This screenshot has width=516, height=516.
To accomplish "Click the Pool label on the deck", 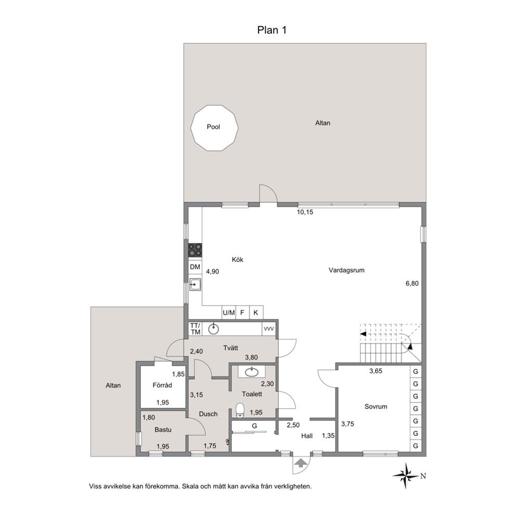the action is point(213,127).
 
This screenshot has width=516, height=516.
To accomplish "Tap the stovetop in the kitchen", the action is point(195,250).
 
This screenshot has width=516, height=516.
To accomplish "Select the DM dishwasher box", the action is point(195,267).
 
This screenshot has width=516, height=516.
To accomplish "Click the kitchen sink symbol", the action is point(195,285).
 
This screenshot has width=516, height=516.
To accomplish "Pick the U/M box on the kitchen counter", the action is point(229,313).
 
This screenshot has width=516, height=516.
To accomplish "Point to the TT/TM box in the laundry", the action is point(195,329).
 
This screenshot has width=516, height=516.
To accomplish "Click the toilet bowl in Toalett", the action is point(240,410).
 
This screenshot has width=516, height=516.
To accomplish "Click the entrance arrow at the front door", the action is point(299,463).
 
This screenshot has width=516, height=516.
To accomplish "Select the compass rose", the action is point(407,476).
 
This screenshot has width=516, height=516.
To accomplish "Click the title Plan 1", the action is point(272,30).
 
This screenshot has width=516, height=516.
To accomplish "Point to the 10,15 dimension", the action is point(305,212).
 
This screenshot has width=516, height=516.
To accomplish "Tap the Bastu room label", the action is point(163,430).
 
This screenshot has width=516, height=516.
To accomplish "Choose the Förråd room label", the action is point(162,385).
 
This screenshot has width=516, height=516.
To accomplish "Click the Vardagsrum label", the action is point(346,270).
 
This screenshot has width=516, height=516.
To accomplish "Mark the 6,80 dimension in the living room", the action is point(412,283).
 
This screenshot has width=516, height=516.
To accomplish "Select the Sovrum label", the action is point(376,406).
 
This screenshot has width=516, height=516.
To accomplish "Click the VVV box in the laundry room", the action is point(269,329).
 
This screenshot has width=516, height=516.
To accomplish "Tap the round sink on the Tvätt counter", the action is point(214,329).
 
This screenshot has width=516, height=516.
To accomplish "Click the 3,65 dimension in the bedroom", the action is point(376,371).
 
